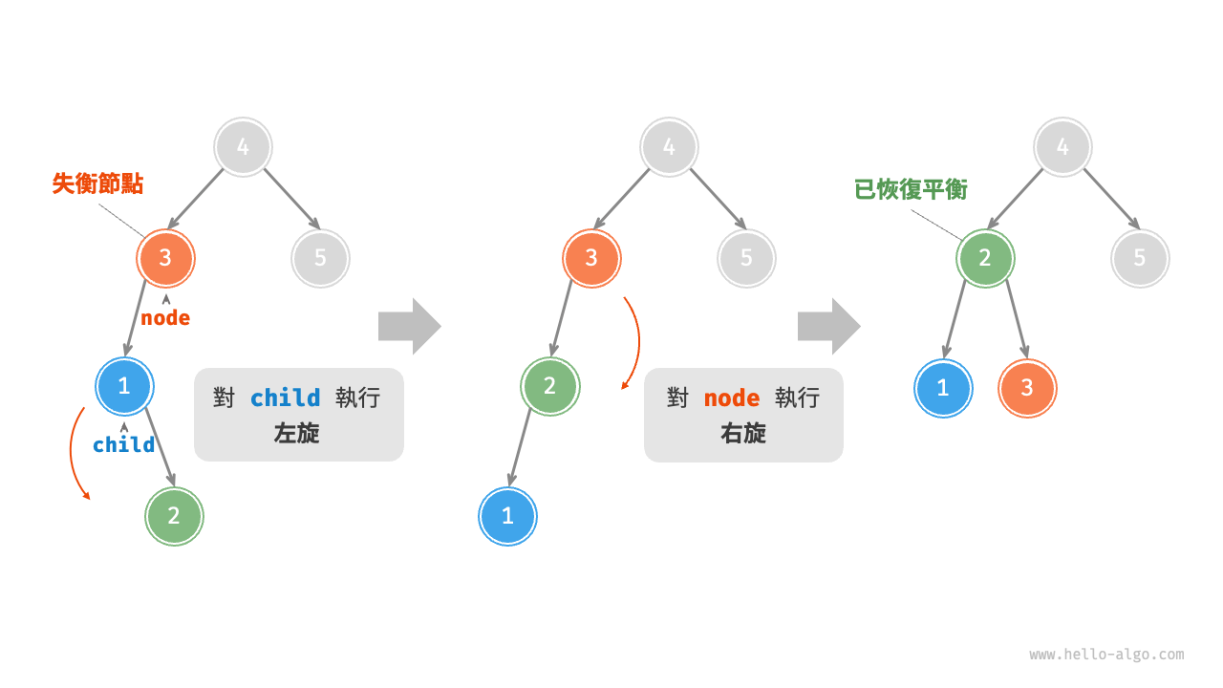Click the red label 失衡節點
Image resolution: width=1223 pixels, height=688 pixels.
[97, 183]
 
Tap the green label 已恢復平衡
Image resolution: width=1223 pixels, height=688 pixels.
[911, 189]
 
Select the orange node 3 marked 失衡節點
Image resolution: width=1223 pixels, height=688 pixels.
[165, 258]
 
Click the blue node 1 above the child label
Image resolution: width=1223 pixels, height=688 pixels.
[124, 386]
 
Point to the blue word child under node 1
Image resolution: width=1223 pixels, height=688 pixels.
[123, 444]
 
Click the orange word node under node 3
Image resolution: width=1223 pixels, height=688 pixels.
[165, 318]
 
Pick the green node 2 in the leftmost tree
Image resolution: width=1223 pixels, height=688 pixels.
[174, 516]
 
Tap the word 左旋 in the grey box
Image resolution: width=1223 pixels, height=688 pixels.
[297, 433]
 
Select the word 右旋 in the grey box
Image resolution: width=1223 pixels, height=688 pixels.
[743, 433]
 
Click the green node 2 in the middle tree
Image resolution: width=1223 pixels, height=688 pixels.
[549, 386]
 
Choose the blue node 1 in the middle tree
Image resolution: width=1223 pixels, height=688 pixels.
[507, 516]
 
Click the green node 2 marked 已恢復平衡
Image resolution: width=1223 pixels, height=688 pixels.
[985, 258]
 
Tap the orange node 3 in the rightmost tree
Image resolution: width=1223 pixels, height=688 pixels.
[1027, 388]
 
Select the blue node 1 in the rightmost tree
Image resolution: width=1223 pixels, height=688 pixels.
[943, 388]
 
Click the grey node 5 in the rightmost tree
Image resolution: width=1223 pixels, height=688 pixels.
[1140, 258]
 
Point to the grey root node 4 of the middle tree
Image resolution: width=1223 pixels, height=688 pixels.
[669, 147]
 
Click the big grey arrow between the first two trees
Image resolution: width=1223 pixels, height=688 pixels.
[409, 326]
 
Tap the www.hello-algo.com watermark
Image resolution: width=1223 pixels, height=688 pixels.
[1106, 655]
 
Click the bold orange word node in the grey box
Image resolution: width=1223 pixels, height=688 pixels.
[732, 398]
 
